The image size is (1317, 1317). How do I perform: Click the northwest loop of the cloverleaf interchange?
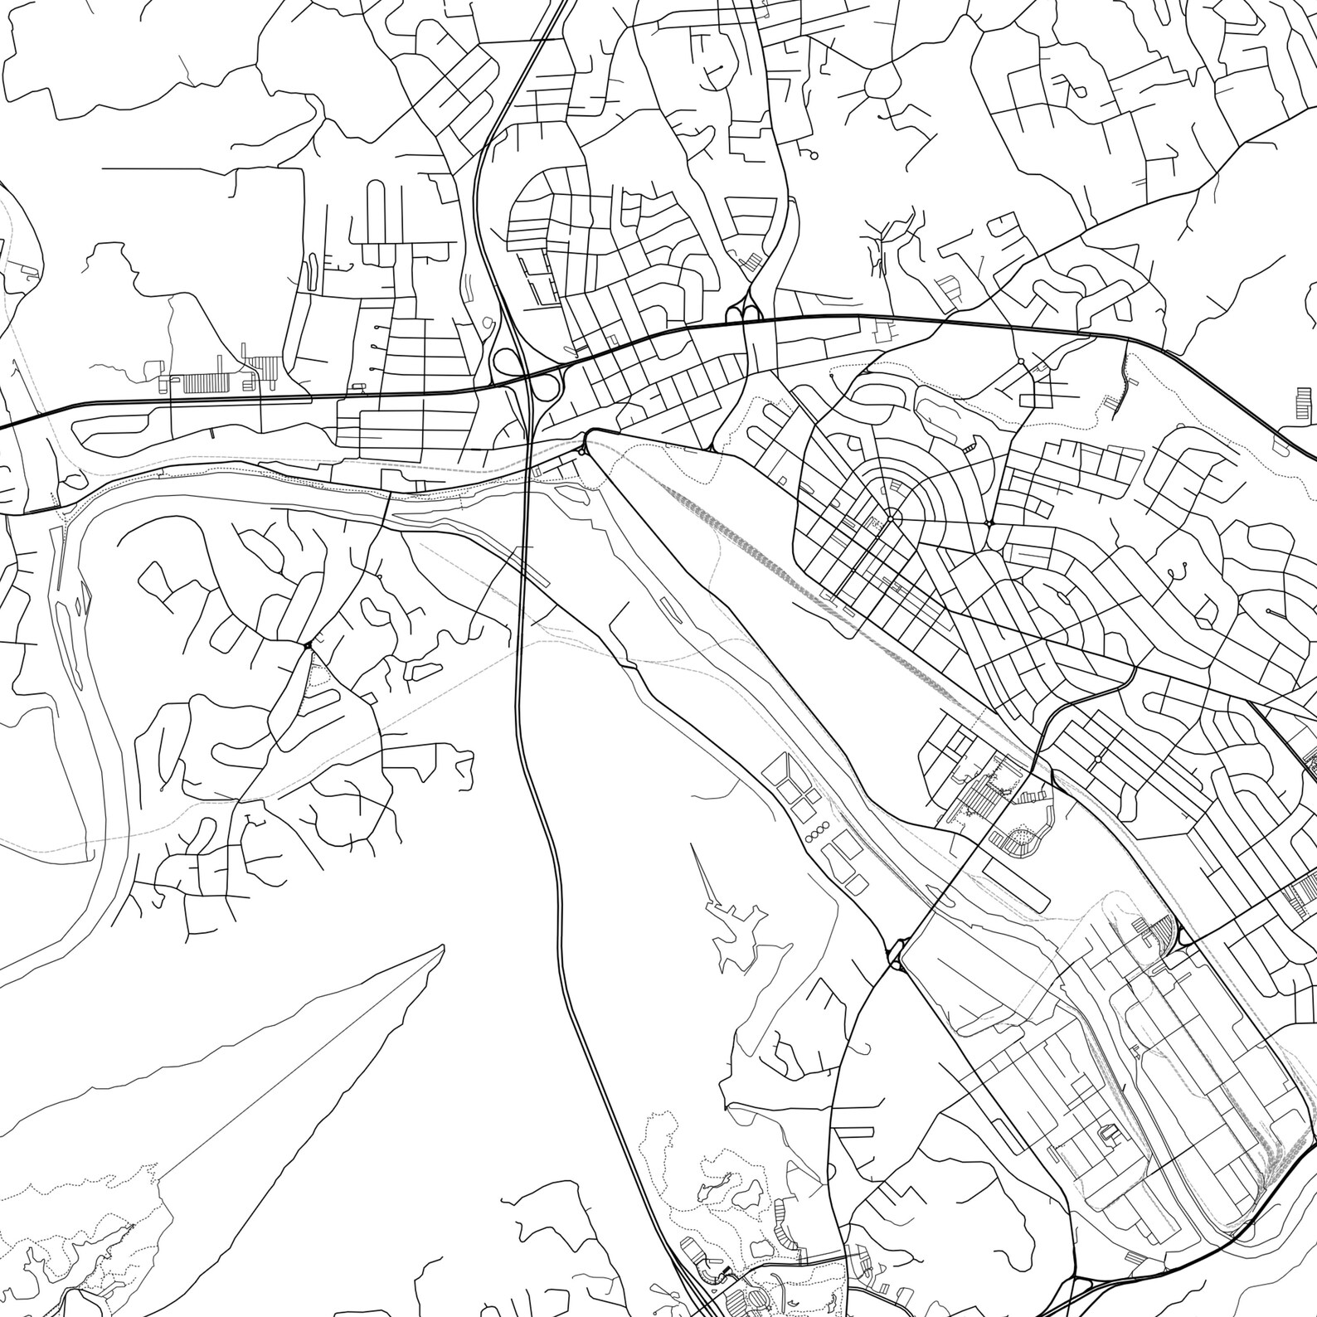click(503, 362)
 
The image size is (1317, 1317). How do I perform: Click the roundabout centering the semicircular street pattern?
click(889, 519)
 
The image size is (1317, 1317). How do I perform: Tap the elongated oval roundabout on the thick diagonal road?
click(896, 954)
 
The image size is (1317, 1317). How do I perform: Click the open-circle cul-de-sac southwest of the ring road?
click(813, 155)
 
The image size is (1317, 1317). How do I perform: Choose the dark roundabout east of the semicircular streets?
click(989, 523)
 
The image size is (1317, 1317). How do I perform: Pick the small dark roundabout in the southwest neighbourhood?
click(309, 645)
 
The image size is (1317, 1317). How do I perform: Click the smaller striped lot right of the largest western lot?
click(266, 364)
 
